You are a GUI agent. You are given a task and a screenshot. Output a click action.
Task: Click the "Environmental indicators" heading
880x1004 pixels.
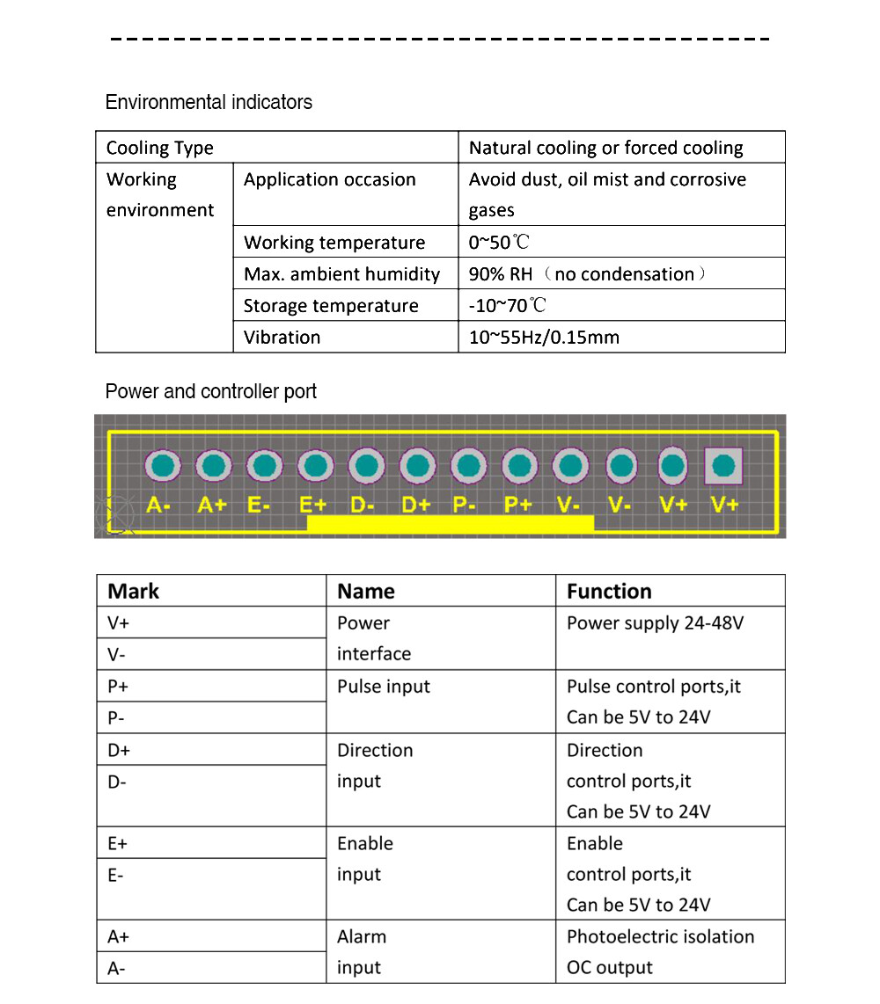(x=209, y=102)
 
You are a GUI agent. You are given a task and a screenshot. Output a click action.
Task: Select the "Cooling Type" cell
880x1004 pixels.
(x=159, y=148)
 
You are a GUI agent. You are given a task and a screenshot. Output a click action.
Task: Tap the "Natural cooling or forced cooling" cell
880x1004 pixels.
(x=605, y=148)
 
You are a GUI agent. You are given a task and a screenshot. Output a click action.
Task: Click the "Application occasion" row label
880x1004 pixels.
(x=329, y=179)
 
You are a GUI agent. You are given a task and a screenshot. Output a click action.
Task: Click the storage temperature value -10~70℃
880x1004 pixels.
(x=507, y=306)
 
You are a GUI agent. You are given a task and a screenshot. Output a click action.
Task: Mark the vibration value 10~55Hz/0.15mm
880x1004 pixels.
(x=544, y=338)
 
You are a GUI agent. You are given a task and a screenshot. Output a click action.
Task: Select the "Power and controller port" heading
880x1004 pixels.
(x=210, y=391)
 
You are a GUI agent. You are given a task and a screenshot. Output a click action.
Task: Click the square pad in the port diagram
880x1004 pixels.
(x=723, y=466)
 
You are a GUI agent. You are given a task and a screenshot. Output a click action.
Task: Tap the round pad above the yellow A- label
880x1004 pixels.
(x=161, y=466)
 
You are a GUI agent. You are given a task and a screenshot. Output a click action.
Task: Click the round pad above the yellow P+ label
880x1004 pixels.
(x=519, y=466)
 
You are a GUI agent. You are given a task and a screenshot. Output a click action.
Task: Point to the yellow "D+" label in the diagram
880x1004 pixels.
(x=416, y=506)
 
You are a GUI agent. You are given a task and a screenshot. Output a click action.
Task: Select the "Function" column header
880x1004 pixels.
(x=609, y=591)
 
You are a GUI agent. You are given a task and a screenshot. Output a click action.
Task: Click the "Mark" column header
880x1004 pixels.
(x=133, y=591)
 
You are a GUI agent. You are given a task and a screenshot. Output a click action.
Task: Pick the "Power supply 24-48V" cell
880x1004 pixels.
(x=655, y=623)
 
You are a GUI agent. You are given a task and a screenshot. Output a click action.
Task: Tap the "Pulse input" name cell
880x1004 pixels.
(x=384, y=687)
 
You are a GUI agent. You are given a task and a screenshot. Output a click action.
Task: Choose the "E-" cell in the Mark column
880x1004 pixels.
(x=115, y=876)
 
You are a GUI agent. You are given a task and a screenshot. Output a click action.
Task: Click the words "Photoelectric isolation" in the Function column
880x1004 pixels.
(x=660, y=937)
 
